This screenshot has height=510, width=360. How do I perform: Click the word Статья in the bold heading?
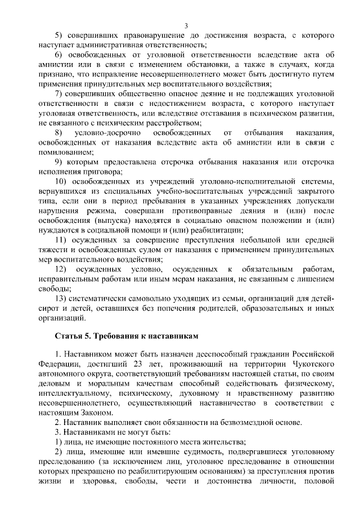click(67, 335)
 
